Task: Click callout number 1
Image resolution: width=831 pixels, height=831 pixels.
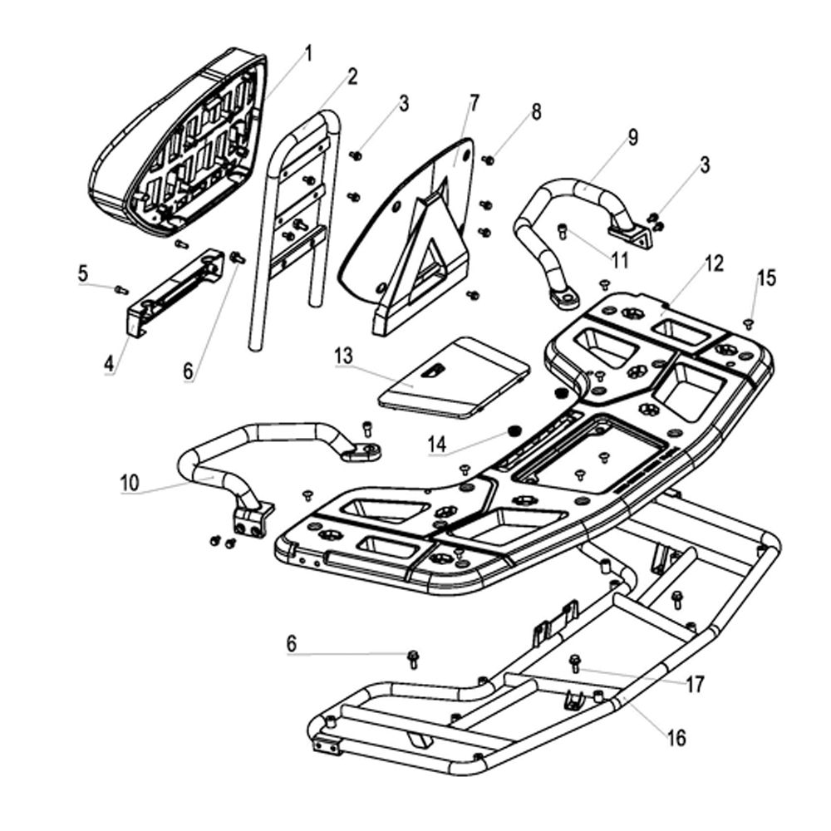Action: (x=308, y=55)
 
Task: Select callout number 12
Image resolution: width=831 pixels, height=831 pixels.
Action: (x=714, y=264)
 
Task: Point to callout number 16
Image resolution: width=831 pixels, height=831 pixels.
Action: (x=677, y=736)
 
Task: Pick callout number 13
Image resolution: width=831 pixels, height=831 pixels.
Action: (x=344, y=355)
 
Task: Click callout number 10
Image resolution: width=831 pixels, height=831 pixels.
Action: (x=130, y=481)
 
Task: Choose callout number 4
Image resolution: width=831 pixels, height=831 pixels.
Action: (x=109, y=363)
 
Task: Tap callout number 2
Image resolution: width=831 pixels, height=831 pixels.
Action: (x=352, y=77)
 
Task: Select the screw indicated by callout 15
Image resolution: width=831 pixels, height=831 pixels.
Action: (x=747, y=323)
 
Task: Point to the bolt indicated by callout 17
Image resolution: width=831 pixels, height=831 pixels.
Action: (x=574, y=663)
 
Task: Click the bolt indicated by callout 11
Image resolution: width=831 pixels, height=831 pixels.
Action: (x=563, y=229)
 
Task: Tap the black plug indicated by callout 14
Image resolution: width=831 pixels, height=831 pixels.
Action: (x=514, y=430)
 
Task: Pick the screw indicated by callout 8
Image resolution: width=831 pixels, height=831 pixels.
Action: (x=489, y=160)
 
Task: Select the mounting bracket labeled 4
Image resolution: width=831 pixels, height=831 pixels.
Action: (x=175, y=287)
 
